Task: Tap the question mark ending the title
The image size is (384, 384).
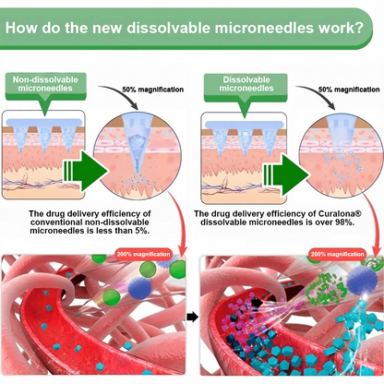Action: (x=359, y=28)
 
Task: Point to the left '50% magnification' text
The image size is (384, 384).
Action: (x=153, y=90)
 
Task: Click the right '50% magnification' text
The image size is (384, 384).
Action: (x=349, y=90)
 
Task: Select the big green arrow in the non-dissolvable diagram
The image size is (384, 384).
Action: (x=85, y=171)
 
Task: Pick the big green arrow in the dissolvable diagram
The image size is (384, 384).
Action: (x=286, y=175)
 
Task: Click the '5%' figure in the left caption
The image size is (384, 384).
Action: (x=142, y=231)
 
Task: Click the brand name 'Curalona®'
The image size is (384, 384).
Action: (x=340, y=214)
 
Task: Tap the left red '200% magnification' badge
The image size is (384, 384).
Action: (x=143, y=255)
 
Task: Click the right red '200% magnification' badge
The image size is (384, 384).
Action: (x=338, y=255)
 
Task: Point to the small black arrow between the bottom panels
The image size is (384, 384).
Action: (x=192, y=317)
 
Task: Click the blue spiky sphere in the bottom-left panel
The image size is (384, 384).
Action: (x=139, y=288)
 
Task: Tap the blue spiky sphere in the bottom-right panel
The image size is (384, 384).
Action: (x=362, y=280)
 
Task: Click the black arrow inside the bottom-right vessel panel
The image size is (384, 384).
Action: (x=258, y=303)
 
